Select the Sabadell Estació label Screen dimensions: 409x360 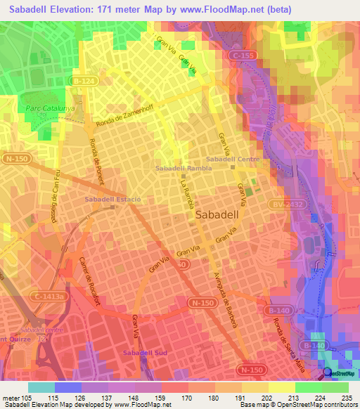tap(112, 200)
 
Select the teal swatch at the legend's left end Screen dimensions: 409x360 tap(41, 387)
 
